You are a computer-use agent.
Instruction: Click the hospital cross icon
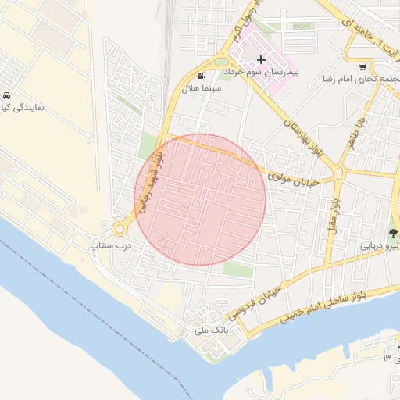[261, 59]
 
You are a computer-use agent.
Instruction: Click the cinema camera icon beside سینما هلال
[202, 77]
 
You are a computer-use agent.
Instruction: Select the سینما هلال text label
[202, 89]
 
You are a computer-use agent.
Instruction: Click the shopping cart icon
[363, 66]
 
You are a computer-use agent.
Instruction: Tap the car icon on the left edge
[6, 95]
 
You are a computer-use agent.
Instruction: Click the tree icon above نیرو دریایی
[393, 232]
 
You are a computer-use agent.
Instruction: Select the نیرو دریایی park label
[380, 245]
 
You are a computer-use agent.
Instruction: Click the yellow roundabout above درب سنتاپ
[120, 229]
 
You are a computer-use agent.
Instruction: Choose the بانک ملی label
[210, 331]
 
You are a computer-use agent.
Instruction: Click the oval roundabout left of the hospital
[222, 62]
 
